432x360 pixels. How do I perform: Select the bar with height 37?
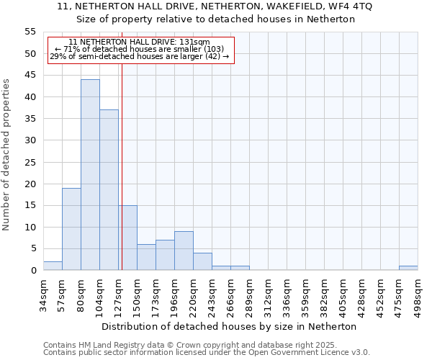point(109,190)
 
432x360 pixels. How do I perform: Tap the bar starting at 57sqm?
point(71,229)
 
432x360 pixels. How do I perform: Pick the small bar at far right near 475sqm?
point(408,268)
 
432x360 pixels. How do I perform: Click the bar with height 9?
point(184,251)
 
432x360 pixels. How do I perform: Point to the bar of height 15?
point(128,238)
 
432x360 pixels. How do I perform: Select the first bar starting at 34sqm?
point(53,266)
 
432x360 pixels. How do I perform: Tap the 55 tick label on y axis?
point(30,32)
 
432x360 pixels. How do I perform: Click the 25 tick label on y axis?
point(30,162)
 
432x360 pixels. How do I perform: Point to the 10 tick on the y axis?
point(30,227)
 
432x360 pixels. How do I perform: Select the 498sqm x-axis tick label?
point(418,294)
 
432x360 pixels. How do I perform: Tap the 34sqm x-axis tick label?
point(43,294)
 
